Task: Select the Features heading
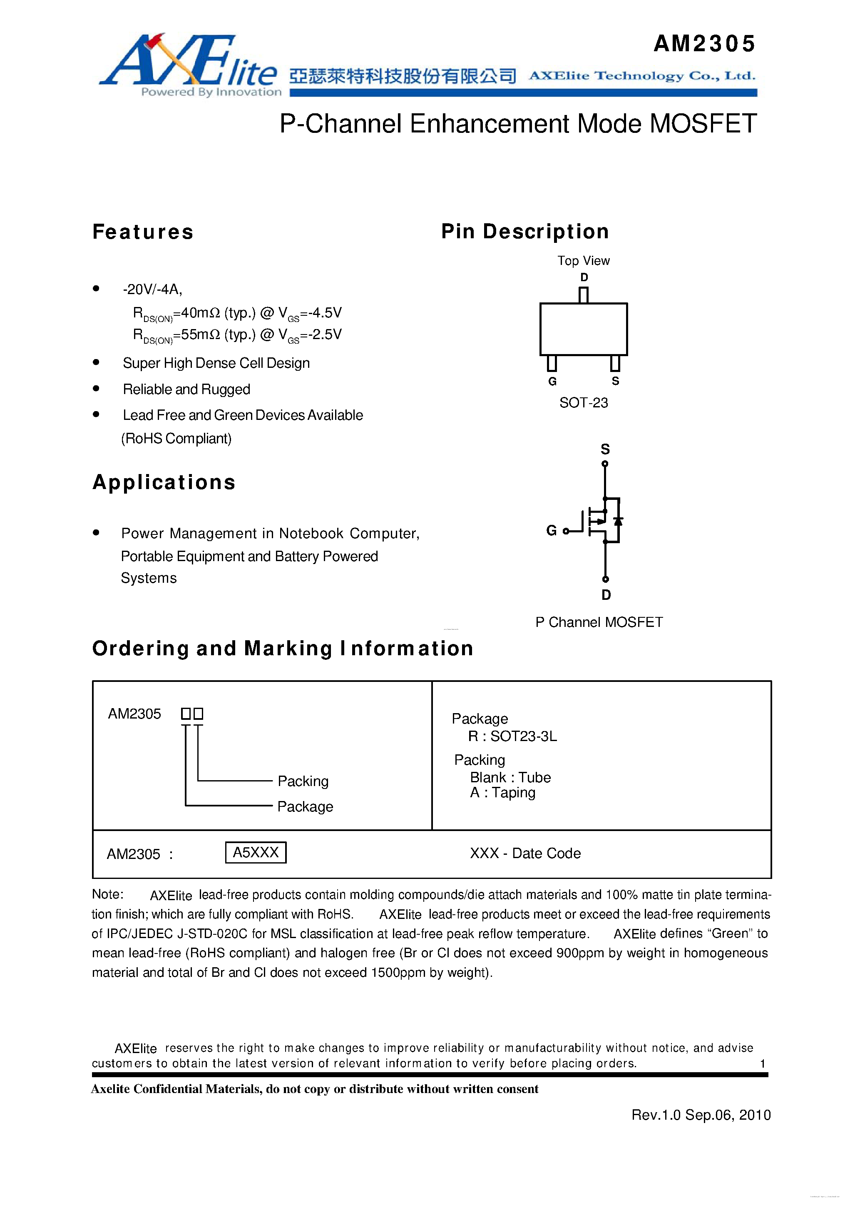[x=143, y=232]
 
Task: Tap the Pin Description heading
[x=525, y=232]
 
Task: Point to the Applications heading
[x=164, y=482]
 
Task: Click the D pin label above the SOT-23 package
[x=584, y=277]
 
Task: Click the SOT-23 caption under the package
[x=583, y=403]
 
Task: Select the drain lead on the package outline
[x=584, y=295]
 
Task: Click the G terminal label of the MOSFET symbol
[x=552, y=531]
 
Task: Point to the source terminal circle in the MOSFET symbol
[x=605, y=464]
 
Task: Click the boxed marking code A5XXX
[x=256, y=853]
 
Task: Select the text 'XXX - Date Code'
[x=525, y=853]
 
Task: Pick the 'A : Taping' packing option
[x=503, y=793]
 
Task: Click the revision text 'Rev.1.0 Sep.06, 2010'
[x=701, y=1115]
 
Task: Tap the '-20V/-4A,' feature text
[x=153, y=290]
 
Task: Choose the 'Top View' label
[x=583, y=260]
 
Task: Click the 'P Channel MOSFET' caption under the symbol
[x=599, y=622]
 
